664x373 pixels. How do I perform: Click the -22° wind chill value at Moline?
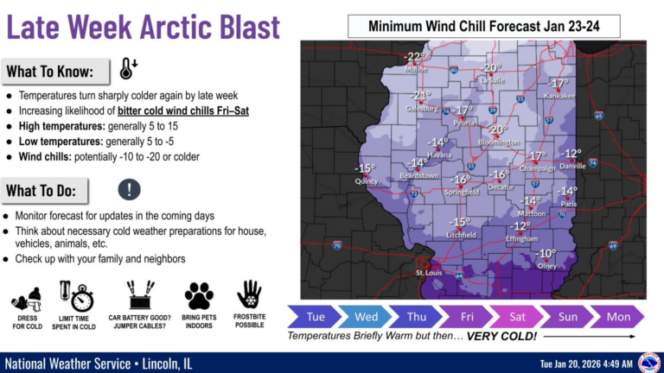coord(416,57)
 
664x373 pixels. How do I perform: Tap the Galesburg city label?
coord(421,109)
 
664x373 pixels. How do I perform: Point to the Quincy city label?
coord(366,181)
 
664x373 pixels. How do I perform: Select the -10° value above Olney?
coord(546,254)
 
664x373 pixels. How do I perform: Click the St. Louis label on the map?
coord(431,274)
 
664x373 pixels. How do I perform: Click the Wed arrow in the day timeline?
coord(367,316)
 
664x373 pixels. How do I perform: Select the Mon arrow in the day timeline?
coord(618,316)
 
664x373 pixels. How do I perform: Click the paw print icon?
coord(199,296)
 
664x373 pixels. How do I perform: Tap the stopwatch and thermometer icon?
coord(76,296)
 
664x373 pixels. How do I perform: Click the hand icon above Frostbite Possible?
coord(249,294)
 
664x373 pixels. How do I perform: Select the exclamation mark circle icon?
coord(129,189)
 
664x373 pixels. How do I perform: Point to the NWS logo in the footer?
coord(648,362)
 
